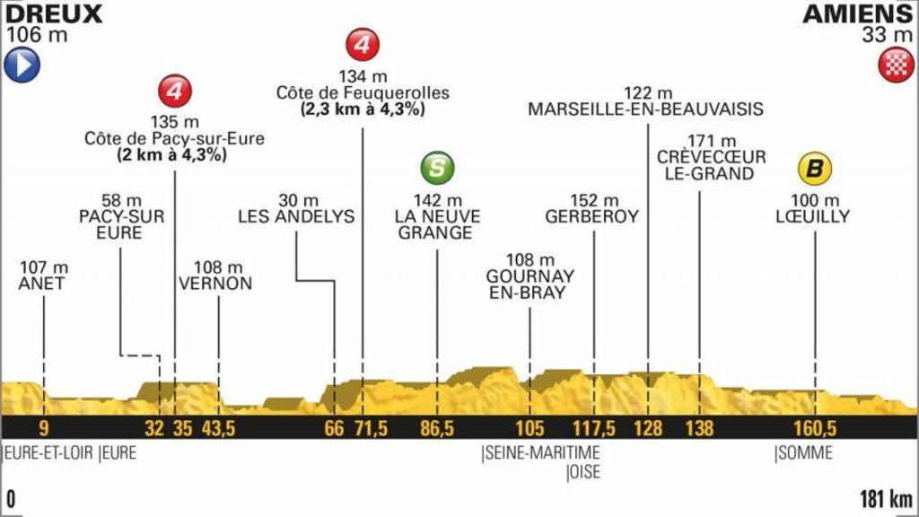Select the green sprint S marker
(436, 168)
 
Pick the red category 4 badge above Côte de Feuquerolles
(363, 44)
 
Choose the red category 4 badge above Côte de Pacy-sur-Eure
(173, 91)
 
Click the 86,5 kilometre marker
(436, 428)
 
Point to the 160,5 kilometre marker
(815, 428)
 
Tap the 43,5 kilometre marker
(218, 428)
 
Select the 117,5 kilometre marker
(593, 428)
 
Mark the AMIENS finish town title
(857, 13)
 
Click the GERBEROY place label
(591, 216)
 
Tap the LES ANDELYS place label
(296, 216)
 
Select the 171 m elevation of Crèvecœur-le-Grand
(711, 141)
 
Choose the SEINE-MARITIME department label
(540, 453)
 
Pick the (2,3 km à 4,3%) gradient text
(363, 110)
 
